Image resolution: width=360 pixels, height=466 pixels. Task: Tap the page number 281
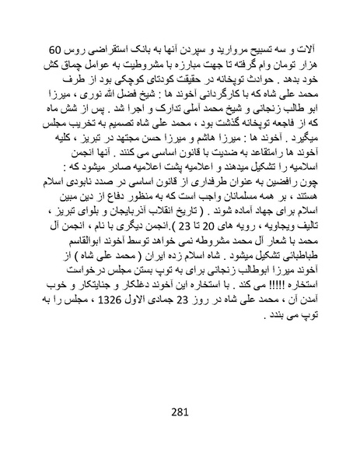[180, 412]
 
